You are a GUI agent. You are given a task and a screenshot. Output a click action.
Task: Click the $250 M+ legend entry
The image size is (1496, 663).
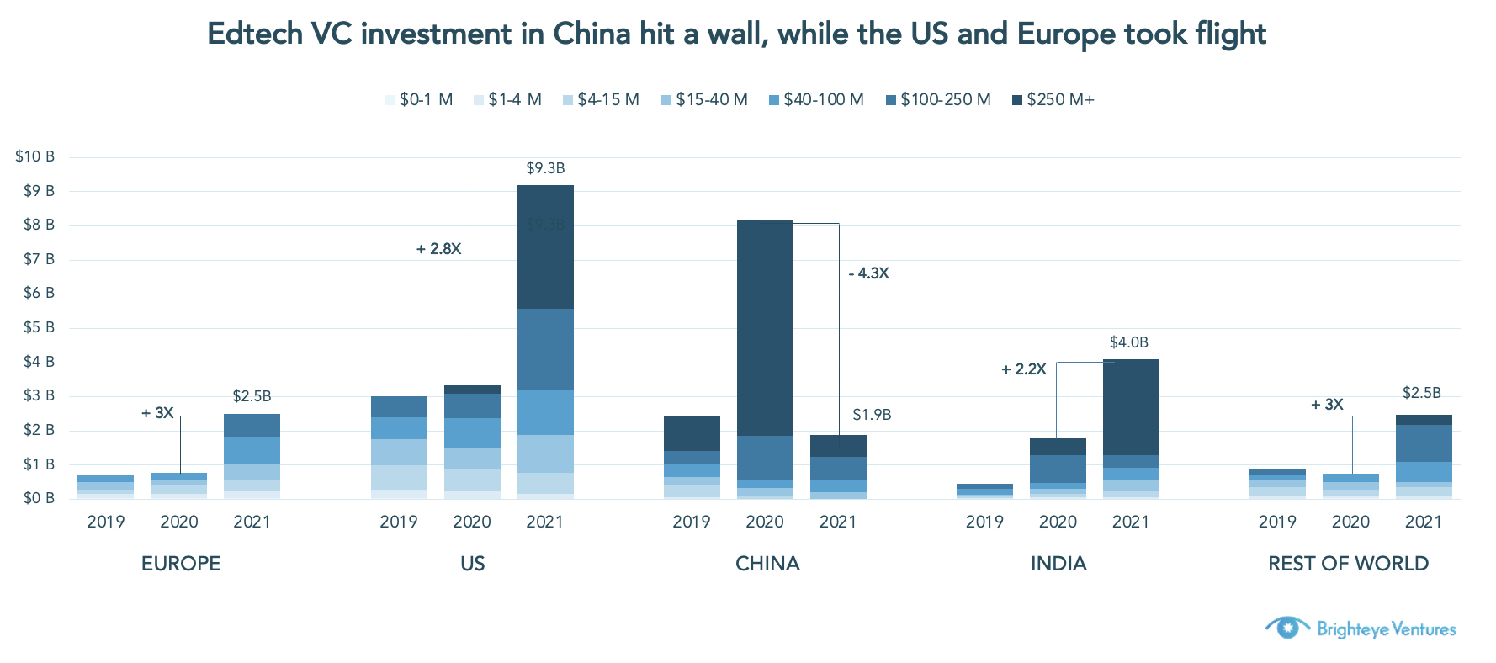click(x=1053, y=100)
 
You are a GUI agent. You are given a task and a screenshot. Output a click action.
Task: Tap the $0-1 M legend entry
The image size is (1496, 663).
click(x=419, y=100)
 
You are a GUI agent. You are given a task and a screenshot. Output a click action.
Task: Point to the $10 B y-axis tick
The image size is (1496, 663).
click(x=34, y=156)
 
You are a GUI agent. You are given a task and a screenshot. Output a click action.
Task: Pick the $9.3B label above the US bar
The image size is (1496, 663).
click(x=545, y=168)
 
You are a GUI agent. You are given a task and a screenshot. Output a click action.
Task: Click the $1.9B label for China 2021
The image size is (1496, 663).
click(x=872, y=415)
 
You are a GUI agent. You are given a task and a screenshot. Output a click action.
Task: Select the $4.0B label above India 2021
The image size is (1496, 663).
click(x=1128, y=342)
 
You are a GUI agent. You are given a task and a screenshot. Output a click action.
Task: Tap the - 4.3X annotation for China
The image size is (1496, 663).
click(x=868, y=273)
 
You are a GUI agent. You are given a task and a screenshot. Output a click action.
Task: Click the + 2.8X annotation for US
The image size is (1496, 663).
click(x=439, y=249)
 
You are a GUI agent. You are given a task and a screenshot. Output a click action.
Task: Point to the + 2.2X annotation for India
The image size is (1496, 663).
click(x=1024, y=369)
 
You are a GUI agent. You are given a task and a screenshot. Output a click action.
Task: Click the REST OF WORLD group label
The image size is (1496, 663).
click(x=1348, y=564)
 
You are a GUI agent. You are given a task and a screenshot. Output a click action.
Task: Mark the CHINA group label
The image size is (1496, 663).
click(x=767, y=564)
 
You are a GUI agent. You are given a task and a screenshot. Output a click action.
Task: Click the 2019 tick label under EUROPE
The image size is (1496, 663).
click(x=106, y=522)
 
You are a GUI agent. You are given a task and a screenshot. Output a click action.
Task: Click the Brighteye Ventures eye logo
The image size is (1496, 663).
click(x=1287, y=628)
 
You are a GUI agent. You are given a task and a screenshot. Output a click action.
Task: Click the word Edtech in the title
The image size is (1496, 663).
click(x=255, y=34)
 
